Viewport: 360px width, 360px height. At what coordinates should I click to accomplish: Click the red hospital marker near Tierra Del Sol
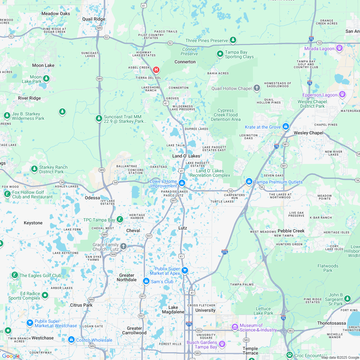tap(156, 69)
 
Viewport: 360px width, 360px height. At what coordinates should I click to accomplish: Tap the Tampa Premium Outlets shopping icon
tap(249, 182)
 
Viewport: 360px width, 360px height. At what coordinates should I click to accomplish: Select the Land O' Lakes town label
tap(186, 156)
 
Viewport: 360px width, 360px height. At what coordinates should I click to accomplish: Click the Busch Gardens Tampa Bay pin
tap(222, 345)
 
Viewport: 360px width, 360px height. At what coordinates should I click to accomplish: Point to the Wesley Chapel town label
tap(308, 133)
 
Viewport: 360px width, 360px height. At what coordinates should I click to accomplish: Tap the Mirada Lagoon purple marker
tap(339, 48)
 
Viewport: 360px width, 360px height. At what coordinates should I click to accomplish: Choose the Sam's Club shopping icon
tap(146, 281)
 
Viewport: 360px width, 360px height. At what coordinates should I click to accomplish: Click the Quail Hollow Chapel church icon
tap(256, 88)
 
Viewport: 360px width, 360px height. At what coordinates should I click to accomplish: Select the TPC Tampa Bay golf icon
tap(120, 220)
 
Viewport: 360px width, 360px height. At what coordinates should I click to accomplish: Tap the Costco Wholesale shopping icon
tap(71, 340)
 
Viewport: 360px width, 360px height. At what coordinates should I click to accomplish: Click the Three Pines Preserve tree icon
tap(233, 40)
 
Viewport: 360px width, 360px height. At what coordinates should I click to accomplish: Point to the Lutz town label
tap(183, 228)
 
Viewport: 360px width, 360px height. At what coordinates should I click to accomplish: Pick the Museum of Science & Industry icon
tap(235, 327)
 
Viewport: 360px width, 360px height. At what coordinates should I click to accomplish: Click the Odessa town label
tap(92, 198)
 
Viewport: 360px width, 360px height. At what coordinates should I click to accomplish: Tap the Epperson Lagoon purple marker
tap(342, 94)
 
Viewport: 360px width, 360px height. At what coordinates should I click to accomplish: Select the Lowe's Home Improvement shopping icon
tap(182, 183)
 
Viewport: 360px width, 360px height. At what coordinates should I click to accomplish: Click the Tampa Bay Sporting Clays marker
tap(220, 54)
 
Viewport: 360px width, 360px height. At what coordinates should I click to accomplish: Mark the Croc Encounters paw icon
tap(290, 355)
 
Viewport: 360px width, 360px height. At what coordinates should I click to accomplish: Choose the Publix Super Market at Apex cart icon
tap(184, 270)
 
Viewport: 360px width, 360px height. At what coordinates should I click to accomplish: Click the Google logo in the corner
tap(11, 356)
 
